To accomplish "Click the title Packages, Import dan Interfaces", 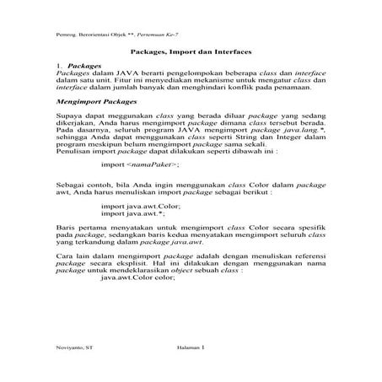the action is [191, 51].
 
